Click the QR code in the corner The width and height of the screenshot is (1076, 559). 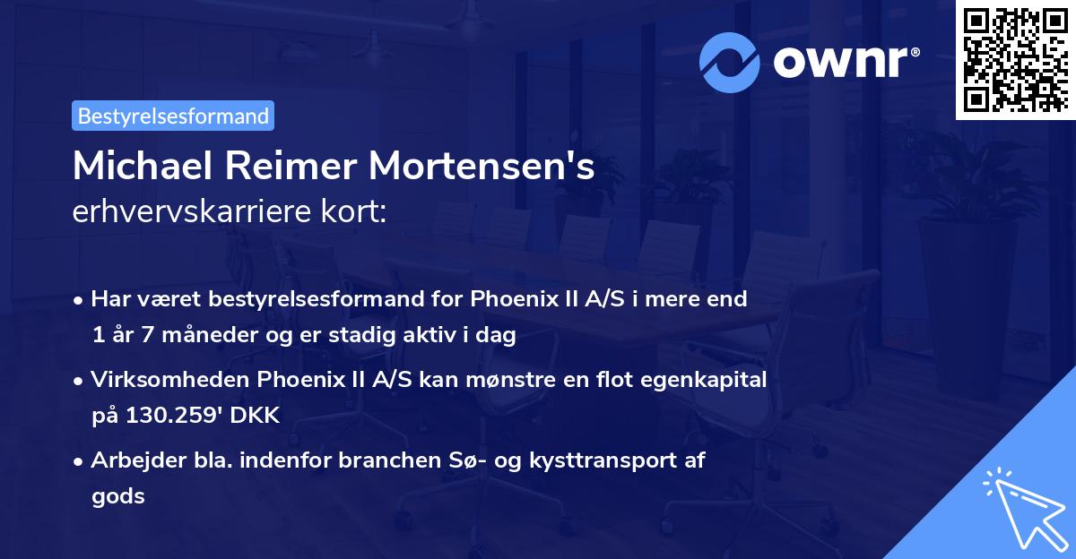coord(1013,60)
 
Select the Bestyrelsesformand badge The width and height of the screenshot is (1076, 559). coord(173,116)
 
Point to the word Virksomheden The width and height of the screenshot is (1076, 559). coord(162,380)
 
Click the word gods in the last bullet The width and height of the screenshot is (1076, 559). coord(117,495)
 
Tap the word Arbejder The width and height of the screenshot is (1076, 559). coord(131,460)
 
